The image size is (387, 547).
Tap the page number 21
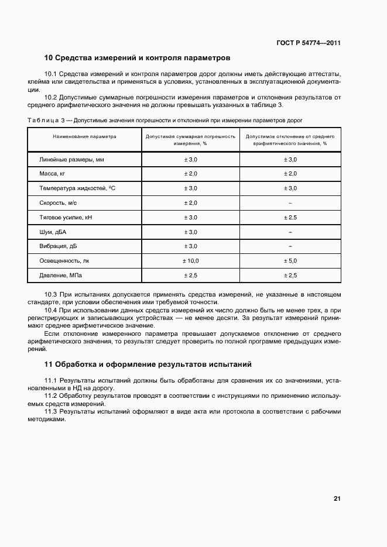click(337, 498)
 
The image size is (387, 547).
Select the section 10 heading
click(138, 58)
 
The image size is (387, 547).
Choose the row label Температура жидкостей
click(77, 188)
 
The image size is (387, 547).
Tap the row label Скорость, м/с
click(58, 202)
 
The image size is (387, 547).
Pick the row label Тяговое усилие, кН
click(66, 217)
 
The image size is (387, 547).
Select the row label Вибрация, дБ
click(58, 246)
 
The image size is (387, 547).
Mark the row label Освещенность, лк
click(64, 260)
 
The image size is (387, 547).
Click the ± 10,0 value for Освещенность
click(191, 260)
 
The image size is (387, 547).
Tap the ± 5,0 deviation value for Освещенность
click(290, 260)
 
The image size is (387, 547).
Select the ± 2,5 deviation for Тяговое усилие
click(290, 217)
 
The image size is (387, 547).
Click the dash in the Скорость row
click(290, 202)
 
